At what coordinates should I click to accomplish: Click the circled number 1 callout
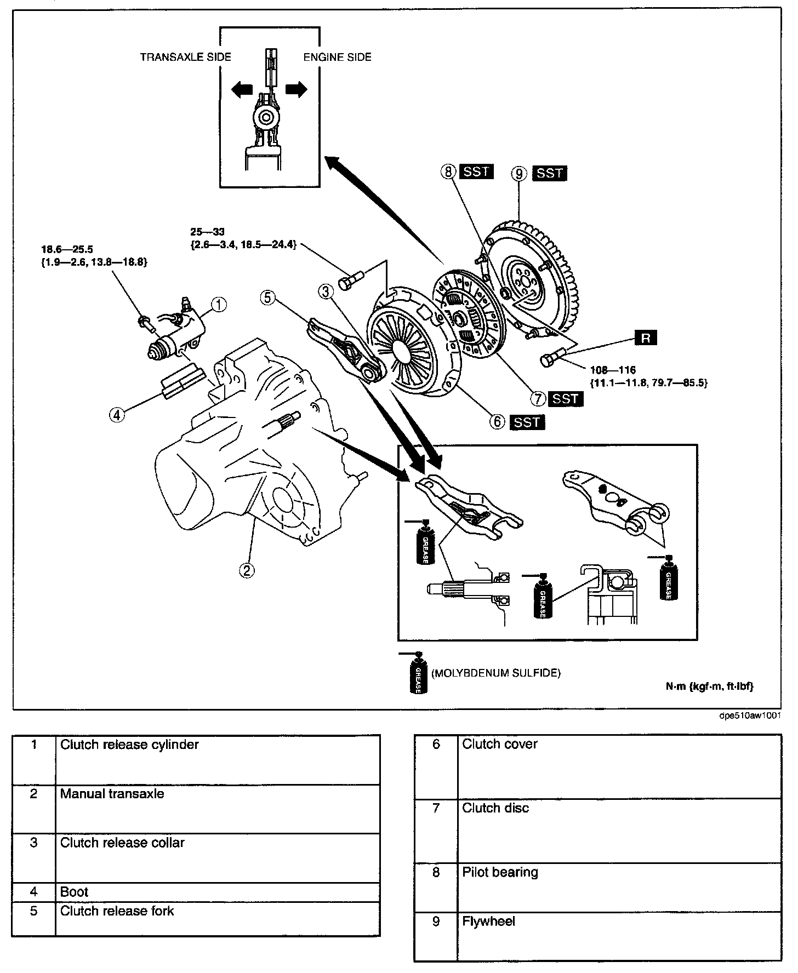click(x=219, y=304)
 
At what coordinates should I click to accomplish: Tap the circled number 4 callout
click(x=117, y=415)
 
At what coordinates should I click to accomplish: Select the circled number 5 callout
click(x=267, y=297)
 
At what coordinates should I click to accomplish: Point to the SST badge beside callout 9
click(x=550, y=173)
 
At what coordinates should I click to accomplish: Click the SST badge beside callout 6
click(x=527, y=422)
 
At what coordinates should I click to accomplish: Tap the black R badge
click(x=646, y=338)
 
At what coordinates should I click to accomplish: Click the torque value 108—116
click(x=613, y=370)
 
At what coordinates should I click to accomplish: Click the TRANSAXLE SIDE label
click(x=185, y=57)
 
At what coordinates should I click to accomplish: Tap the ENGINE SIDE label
click(x=338, y=57)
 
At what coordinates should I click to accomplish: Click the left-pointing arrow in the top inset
click(x=241, y=90)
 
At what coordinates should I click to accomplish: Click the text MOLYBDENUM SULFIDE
click(x=496, y=673)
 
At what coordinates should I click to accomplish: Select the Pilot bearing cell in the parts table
click(x=500, y=873)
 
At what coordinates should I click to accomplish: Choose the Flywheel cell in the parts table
click(x=488, y=922)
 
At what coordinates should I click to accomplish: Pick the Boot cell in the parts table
click(x=75, y=892)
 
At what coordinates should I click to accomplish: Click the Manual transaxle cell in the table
click(x=112, y=794)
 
